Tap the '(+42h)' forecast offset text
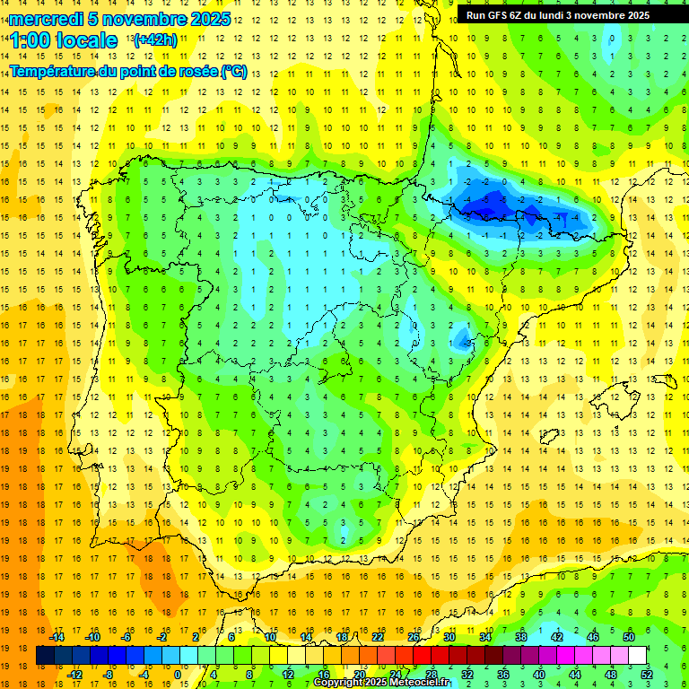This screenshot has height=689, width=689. coord(155,39)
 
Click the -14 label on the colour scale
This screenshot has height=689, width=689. coord(57,637)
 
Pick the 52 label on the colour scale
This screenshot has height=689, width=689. coord(646,675)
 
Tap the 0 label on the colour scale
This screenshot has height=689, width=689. coord(178,675)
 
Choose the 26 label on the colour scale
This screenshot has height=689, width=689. coord(414,637)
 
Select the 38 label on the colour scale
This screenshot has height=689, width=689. coord(520,637)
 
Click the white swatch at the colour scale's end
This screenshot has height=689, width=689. coord(637,656)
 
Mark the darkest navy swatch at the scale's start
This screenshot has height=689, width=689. coord(45,656)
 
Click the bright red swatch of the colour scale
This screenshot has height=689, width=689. coord(422,656)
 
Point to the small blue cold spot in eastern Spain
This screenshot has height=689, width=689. coord(463,338)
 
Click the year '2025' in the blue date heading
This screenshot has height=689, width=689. coord(210,19)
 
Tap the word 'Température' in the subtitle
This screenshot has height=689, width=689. coord(53,72)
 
